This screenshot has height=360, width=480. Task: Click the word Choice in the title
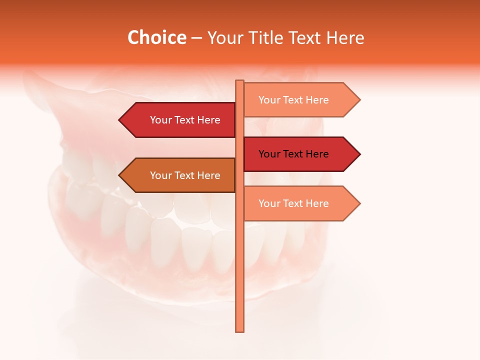coord(156,37)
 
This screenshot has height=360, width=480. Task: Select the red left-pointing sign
coord(180,120)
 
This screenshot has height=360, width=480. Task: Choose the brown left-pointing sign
coord(180,175)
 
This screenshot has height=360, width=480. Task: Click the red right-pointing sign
coord(297,154)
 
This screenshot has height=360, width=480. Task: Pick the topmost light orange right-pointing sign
coord(297,100)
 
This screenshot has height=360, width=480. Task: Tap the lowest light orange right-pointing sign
coord(297,203)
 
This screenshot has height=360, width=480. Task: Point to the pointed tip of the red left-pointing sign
coord(120,120)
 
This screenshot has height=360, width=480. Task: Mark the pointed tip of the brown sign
coord(120,175)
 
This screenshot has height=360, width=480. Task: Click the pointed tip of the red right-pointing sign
coord(358,154)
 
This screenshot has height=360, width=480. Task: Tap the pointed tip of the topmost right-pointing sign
coord(358,100)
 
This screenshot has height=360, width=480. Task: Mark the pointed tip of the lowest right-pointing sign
coord(358,203)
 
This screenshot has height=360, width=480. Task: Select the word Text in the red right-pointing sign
coord(293,154)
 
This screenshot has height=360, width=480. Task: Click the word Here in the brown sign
coord(208,175)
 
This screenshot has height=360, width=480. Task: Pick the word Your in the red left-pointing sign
coord(161,120)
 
